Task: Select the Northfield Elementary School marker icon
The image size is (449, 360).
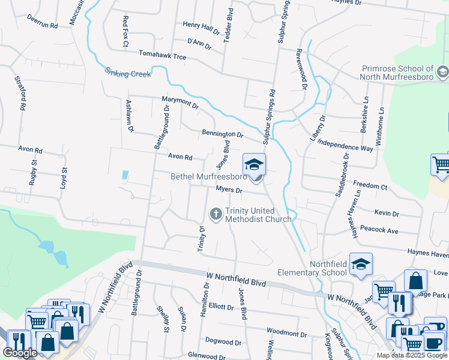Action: click(x=361, y=263)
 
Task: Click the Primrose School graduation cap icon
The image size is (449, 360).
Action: click(x=442, y=73)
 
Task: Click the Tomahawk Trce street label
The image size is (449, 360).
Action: click(x=163, y=56)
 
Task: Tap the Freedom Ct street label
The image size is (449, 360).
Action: click(x=370, y=185)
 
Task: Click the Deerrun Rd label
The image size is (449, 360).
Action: click(x=42, y=23)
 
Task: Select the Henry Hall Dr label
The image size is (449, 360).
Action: click(x=202, y=27)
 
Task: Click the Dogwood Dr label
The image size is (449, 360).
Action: click(x=223, y=343)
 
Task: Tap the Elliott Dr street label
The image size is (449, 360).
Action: click(x=221, y=307)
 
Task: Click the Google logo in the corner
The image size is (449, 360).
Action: click(x=20, y=353)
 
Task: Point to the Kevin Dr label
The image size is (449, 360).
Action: click(x=387, y=213)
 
